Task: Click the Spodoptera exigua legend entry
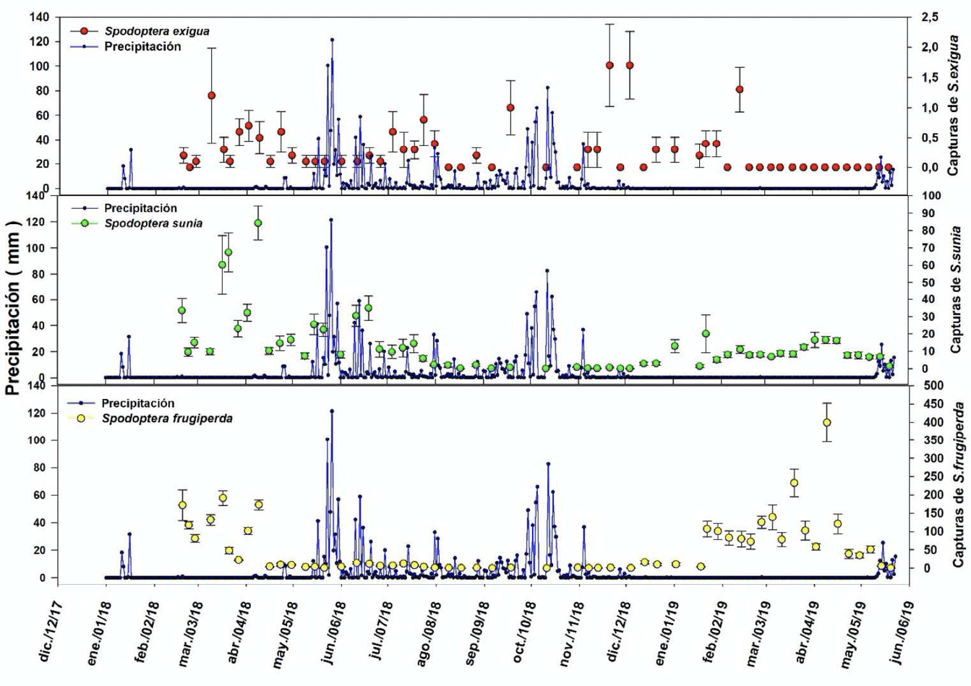point(157,31)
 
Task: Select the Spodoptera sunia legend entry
point(153,223)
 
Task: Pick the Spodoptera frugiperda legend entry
point(167,418)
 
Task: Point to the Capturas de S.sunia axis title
point(955,289)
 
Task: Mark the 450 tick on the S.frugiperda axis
point(933,403)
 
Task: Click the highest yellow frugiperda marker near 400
point(826,422)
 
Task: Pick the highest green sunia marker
point(258,223)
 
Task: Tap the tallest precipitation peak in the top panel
point(332,40)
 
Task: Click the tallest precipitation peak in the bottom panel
point(332,411)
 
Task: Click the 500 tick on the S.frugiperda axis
point(933,385)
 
